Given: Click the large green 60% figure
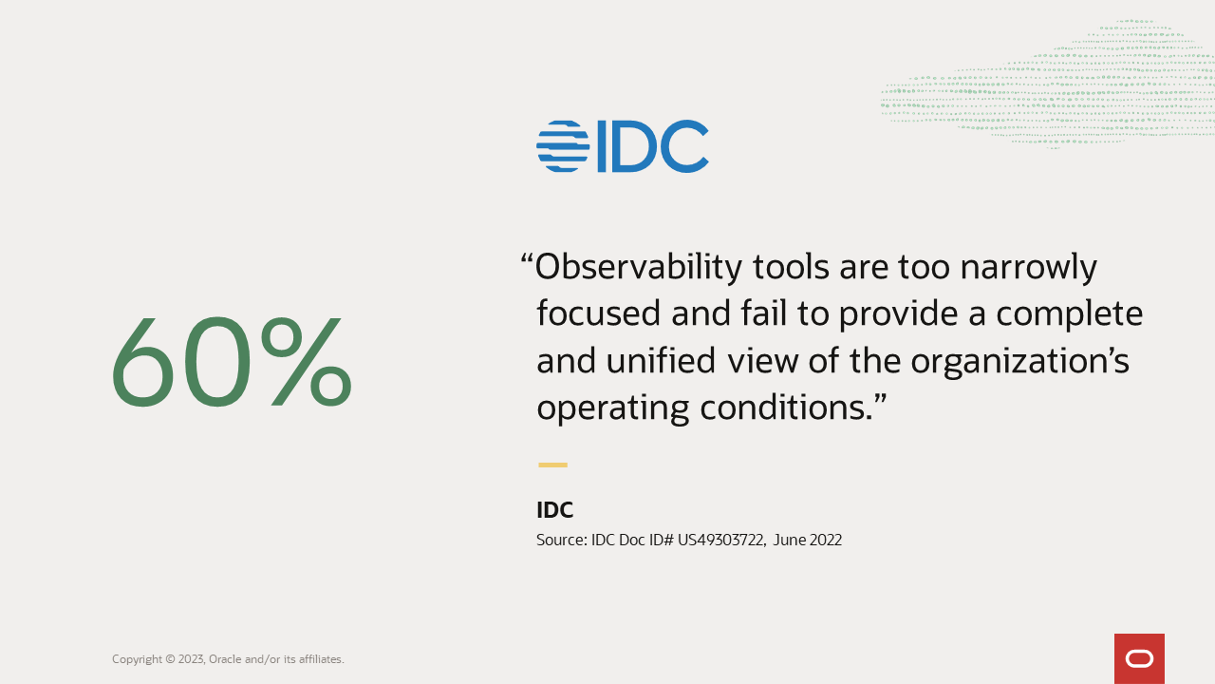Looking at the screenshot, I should (x=232, y=365).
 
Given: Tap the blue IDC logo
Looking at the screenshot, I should (x=623, y=146).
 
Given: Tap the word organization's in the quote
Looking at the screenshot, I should (x=1019, y=361).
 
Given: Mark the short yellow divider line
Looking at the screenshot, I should (x=552, y=465).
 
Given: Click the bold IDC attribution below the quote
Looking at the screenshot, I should (x=554, y=510).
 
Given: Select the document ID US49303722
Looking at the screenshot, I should (x=720, y=541).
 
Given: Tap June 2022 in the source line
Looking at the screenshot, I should (x=807, y=541).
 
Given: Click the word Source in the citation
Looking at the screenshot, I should (x=560, y=541).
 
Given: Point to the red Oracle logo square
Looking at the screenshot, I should (x=1139, y=658).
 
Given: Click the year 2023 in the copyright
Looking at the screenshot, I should (x=191, y=659).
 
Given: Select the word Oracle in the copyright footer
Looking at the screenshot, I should (x=225, y=659).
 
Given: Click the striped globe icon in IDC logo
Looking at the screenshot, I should (x=563, y=146).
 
